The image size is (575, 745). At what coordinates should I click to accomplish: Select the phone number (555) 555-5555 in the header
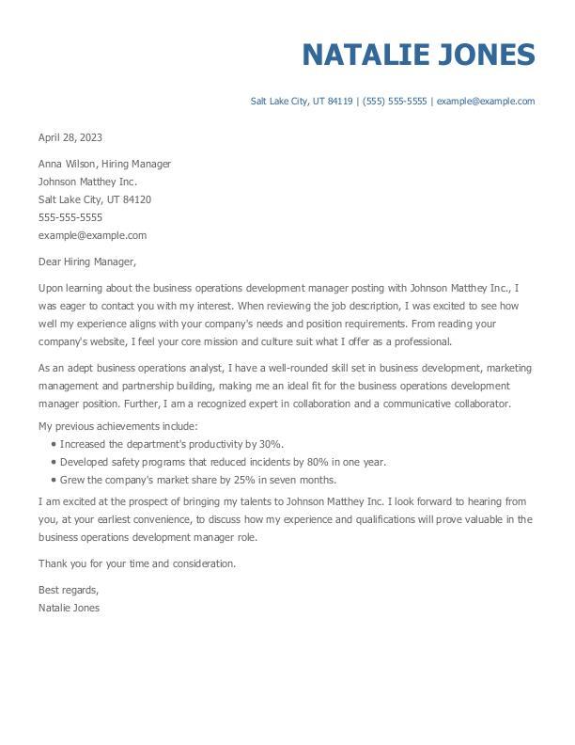click(x=395, y=102)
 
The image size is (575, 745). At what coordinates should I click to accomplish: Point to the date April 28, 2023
click(x=70, y=137)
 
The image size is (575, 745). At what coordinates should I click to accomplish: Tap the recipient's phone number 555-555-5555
click(x=70, y=217)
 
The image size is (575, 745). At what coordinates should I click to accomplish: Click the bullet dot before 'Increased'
click(x=54, y=444)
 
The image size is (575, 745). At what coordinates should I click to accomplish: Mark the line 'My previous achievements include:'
click(x=117, y=426)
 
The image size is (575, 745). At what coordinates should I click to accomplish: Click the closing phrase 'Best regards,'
click(x=69, y=590)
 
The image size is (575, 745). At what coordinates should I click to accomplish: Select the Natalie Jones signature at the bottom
click(x=69, y=608)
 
